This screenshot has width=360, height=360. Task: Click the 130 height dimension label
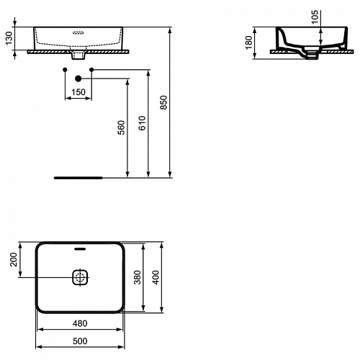pyautogui.click(x=9, y=38)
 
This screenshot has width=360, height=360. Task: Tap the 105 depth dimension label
pyautogui.click(x=315, y=17)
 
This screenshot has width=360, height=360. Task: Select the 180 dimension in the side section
pyautogui.click(x=249, y=42)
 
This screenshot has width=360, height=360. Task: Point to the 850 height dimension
pyautogui.click(x=163, y=102)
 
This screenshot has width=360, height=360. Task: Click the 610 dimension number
pyautogui.click(x=142, y=123)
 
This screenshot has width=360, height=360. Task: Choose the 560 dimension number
pyautogui.click(x=122, y=127)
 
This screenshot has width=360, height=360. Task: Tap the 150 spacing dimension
pyautogui.click(x=78, y=92)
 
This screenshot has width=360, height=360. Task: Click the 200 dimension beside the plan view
pyautogui.click(x=14, y=259)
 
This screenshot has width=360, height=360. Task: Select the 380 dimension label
pyautogui.click(x=138, y=277)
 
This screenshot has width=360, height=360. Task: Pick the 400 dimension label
pyautogui.click(x=156, y=277)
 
